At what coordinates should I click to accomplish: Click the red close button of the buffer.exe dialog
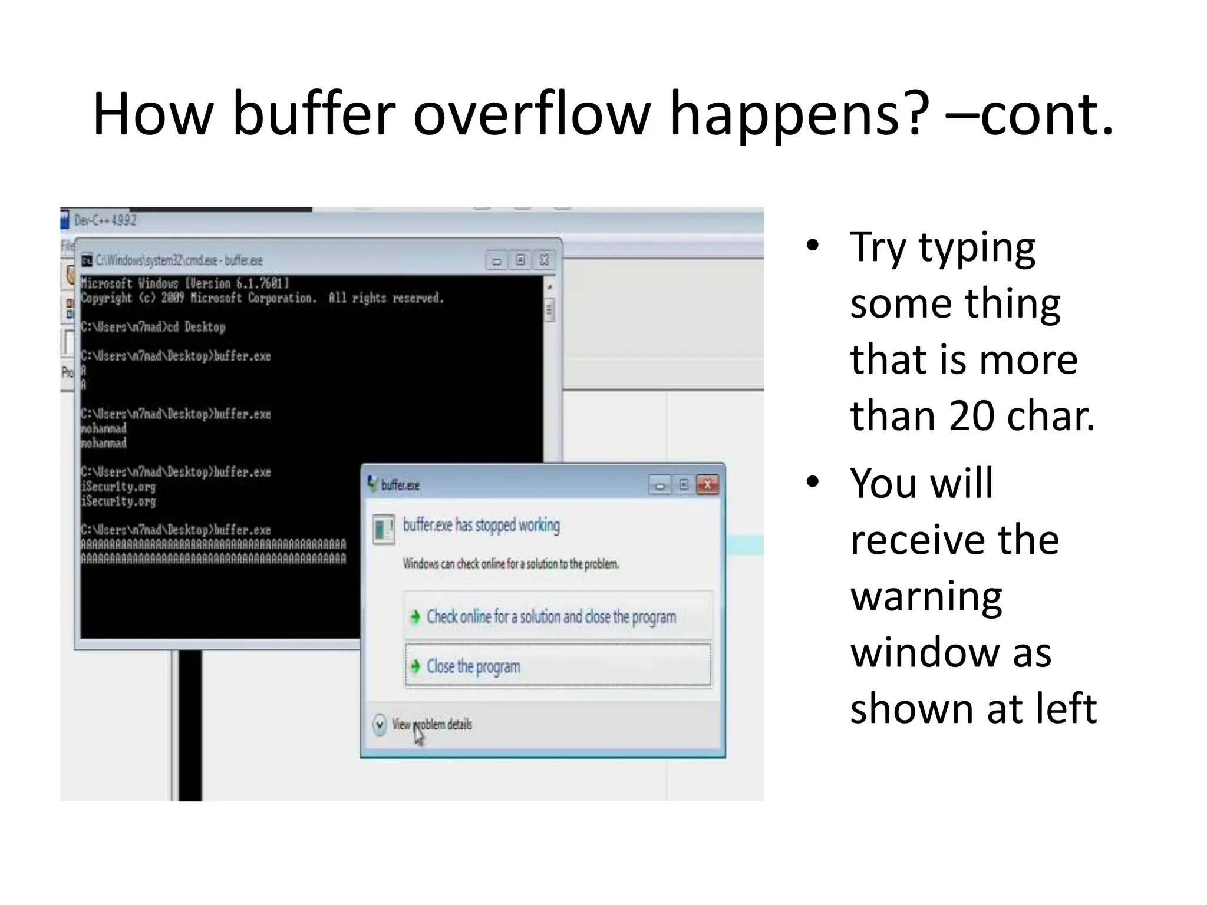pos(707,485)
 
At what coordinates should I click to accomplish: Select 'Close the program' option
pos(473,666)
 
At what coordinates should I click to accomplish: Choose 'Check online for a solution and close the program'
pos(551,617)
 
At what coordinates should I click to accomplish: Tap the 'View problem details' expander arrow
pos(380,724)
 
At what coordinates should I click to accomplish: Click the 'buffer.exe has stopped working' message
pos(481,525)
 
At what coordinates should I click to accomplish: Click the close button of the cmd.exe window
pos(545,260)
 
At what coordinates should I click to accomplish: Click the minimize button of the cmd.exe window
pos(497,260)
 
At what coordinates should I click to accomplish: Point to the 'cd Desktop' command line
pos(153,327)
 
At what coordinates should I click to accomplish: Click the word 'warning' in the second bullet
pos(926,596)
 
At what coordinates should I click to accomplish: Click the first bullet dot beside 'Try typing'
pos(813,246)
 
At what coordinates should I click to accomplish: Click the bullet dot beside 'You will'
pos(813,482)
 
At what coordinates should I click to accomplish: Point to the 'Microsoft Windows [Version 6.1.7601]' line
pos(184,283)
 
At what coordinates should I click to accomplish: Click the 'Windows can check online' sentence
pos(510,564)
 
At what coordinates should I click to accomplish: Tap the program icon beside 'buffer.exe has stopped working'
pos(384,529)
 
